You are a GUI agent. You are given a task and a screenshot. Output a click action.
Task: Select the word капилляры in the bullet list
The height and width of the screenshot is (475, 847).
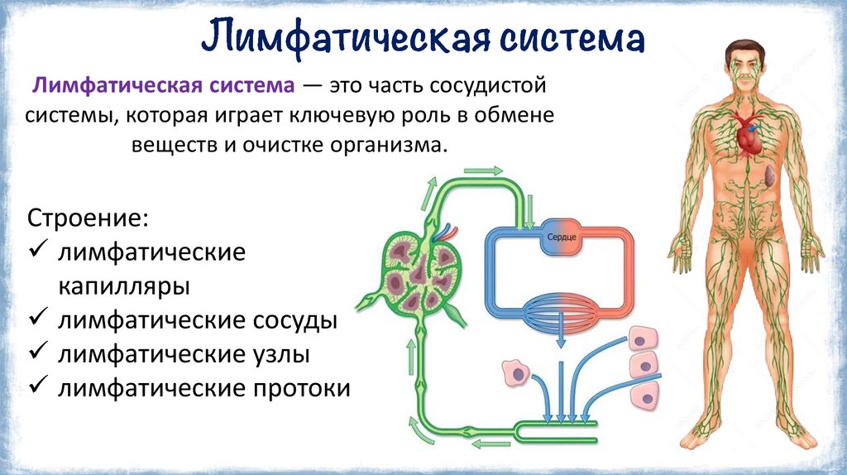(124, 286)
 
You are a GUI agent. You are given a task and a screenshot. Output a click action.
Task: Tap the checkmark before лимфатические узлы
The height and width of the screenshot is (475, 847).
(37, 354)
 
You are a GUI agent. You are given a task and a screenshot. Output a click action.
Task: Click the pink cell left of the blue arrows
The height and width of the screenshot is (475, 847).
(516, 373)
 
